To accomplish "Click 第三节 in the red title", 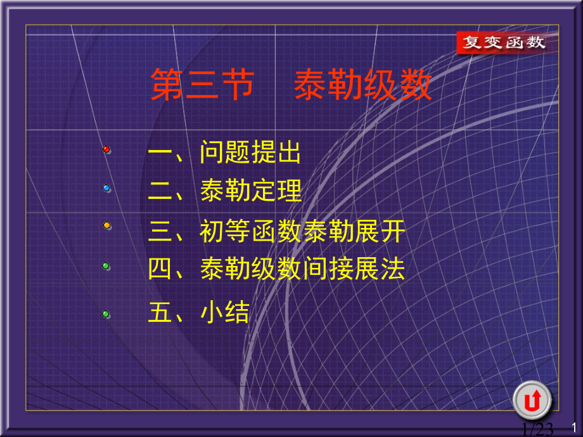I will tap(202, 85).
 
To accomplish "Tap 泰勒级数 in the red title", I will tap(362, 85).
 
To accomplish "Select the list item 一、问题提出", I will tap(224, 153).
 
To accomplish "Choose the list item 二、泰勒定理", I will tap(224, 191).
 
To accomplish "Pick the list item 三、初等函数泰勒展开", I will tap(276, 231).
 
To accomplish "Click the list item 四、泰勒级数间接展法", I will tap(276, 269).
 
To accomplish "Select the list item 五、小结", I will tap(198, 312).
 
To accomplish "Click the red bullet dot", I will tap(106, 149).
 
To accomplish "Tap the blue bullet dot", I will tap(106, 187).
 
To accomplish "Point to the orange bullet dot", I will tap(106, 225).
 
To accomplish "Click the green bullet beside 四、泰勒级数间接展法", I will tap(106, 266).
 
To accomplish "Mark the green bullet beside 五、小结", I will tap(106, 313).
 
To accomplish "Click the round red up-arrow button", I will tap(532, 400).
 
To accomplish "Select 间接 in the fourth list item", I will tap(328, 269).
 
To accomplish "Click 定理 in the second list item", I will tap(276, 191).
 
